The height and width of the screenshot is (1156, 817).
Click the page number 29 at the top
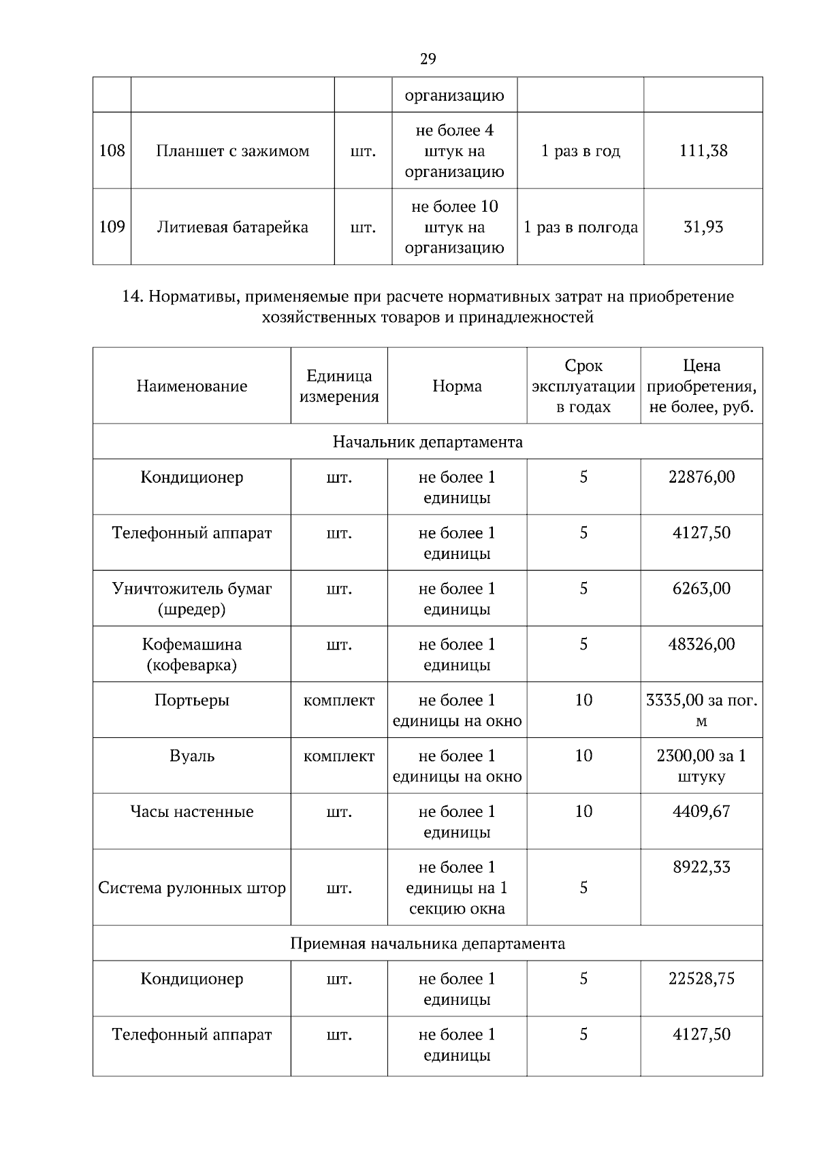point(428,59)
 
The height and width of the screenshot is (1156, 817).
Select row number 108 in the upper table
point(112,150)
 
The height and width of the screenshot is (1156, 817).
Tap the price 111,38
point(703,150)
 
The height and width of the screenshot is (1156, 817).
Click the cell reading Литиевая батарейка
point(232,227)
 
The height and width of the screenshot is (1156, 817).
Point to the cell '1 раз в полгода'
point(580,227)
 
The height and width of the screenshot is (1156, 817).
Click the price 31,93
point(703,227)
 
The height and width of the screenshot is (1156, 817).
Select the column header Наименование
point(191,386)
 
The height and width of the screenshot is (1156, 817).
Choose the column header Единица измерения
point(339,386)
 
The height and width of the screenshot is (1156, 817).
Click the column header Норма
point(457,386)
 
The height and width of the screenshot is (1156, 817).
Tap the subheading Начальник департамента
point(428,442)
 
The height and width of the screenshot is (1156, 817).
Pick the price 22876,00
point(701,477)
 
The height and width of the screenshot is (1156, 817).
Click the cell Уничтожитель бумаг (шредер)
point(191,598)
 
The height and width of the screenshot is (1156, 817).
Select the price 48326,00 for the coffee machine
point(701,644)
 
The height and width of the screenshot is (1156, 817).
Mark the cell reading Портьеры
point(191,700)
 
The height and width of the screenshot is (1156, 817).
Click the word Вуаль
point(191,756)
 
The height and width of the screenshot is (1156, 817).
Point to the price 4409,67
point(701,812)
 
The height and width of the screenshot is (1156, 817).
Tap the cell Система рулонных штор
point(191,888)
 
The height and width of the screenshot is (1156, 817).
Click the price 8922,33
point(701,867)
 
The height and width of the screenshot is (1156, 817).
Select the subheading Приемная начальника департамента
point(428,944)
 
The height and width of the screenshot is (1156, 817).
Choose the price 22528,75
point(701,978)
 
